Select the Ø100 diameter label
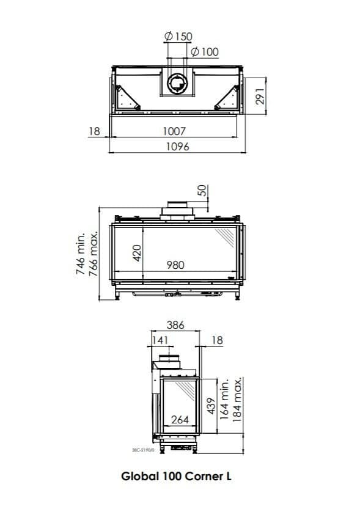(x=204, y=52)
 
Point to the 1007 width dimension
(x=174, y=131)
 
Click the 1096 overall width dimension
(x=177, y=146)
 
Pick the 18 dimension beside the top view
(x=94, y=131)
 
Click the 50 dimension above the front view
(x=202, y=191)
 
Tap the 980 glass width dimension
(x=175, y=265)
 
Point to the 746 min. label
(x=81, y=253)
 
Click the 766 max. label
(x=94, y=253)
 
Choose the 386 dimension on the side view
(x=175, y=326)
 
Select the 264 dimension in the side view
(x=179, y=419)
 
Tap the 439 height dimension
(x=211, y=406)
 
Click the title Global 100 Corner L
(x=177, y=477)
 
